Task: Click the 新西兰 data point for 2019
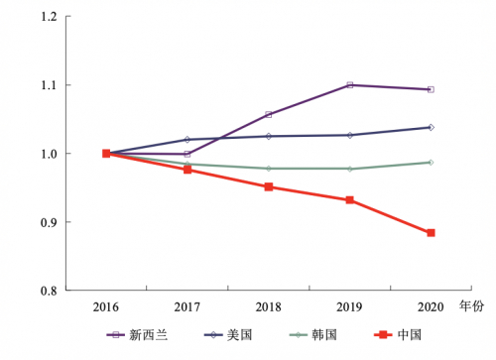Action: tap(349, 85)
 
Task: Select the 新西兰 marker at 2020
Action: tap(431, 89)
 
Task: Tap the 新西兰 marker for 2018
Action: tap(268, 115)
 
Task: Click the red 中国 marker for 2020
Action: tap(431, 233)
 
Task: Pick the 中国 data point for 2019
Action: tap(349, 200)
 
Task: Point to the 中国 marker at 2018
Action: tap(268, 186)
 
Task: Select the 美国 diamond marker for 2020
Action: tap(431, 127)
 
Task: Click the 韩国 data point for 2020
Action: tap(431, 162)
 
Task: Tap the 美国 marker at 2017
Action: tap(187, 140)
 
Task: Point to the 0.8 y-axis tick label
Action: tap(48, 291)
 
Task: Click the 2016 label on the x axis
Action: tap(106, 306)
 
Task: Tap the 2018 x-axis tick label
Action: tap(268, 306)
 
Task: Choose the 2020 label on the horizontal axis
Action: tap(431, 306)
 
